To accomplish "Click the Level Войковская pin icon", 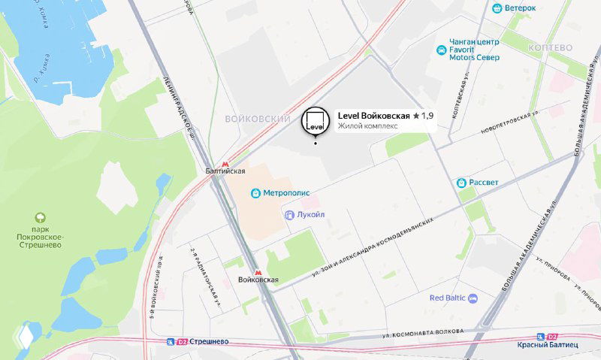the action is (x=315, y=121).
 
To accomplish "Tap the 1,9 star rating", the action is (x=424, y=116).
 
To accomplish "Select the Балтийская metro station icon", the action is (x=225, y=163).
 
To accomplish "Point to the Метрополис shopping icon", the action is (x=256, y=192).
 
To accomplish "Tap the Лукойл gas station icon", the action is (x=289, y=215).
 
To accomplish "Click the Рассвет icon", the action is (x=462, y=183).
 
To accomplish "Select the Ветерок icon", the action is (x=497, y=8).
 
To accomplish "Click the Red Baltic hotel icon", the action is (x=473, y=298).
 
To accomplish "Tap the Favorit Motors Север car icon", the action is (x=441, y=50).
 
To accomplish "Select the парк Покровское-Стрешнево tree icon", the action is (x=41, y=216).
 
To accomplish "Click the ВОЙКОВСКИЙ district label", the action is (x=258, y=119).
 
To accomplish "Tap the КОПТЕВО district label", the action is (x=550, y=47).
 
